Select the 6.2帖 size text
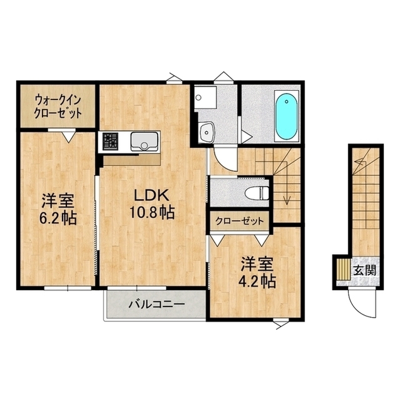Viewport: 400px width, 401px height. coord(58,219)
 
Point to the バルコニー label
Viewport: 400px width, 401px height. coord(156,305)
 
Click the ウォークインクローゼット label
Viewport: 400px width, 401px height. coord(58,106)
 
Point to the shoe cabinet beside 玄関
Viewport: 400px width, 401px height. coord(344,269)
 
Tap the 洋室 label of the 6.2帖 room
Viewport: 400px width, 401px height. coord(58,202)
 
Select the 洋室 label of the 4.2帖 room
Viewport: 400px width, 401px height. coord(254,264)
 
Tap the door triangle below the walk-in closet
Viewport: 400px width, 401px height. coord(68,133)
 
